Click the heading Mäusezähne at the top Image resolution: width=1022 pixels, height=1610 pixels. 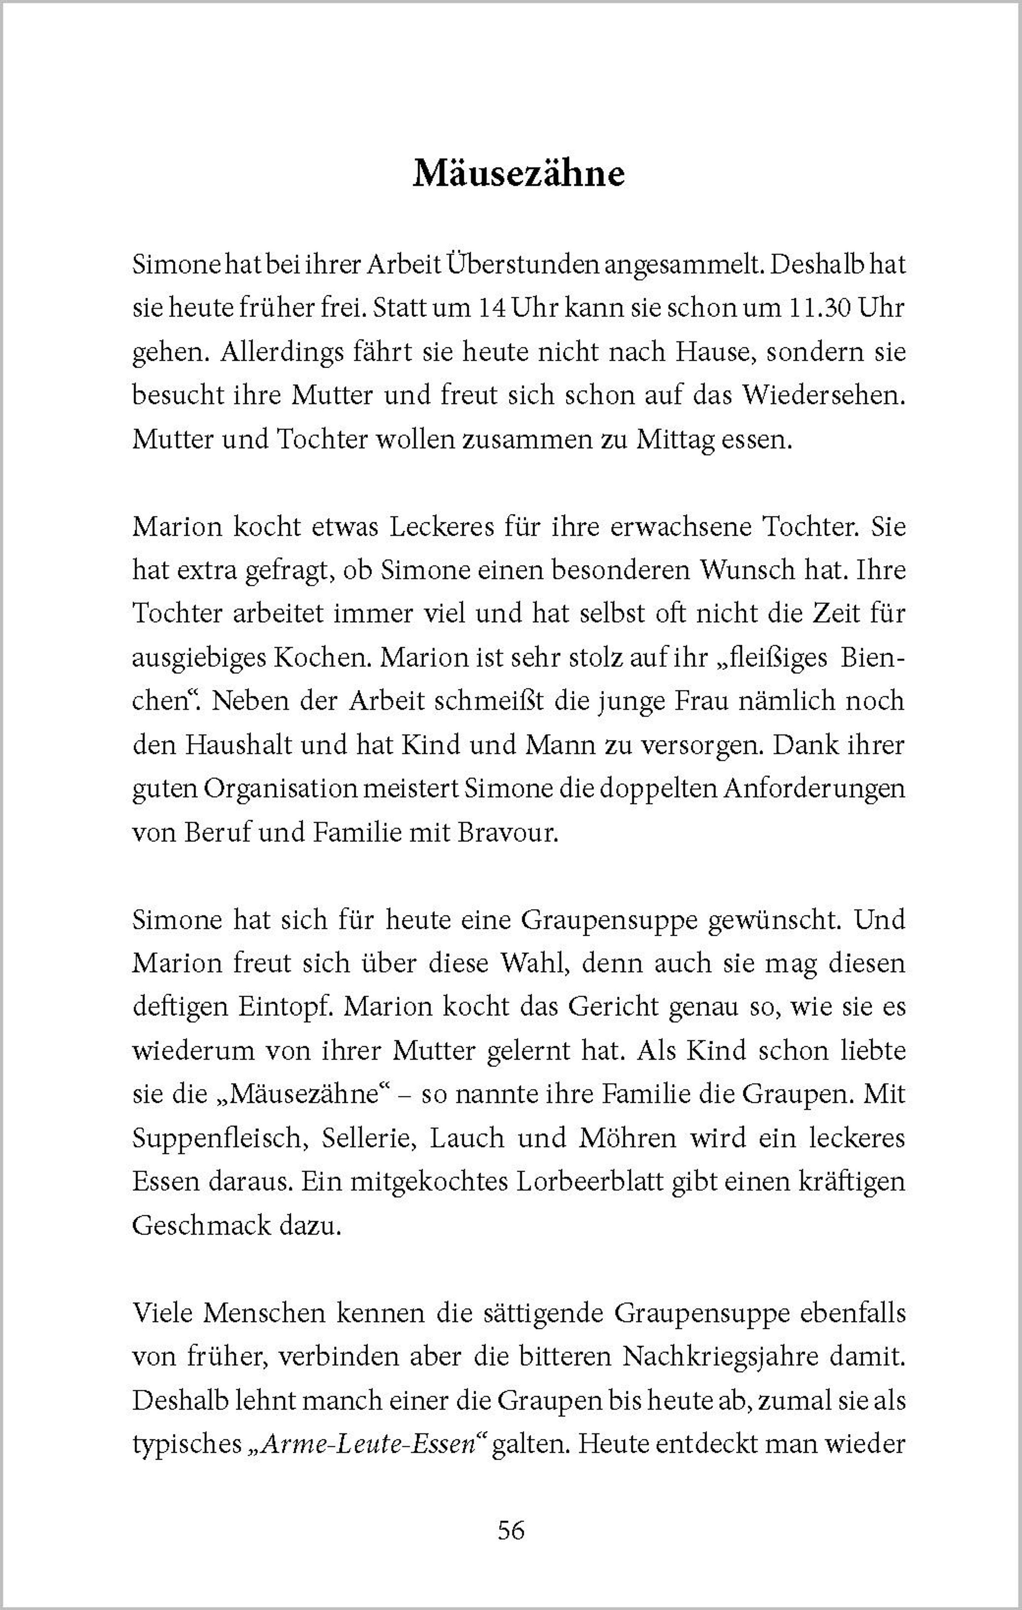tap(519, 174)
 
